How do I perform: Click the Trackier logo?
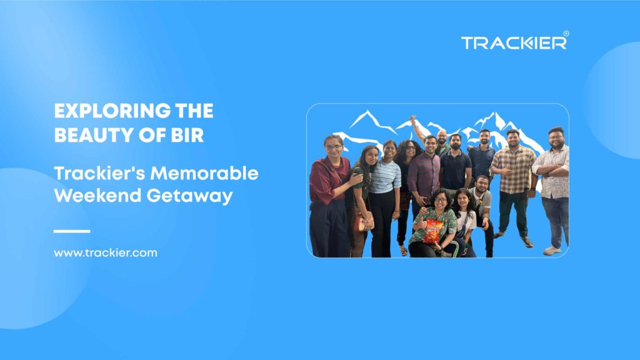514,42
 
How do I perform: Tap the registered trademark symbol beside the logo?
566,34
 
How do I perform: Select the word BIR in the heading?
189,135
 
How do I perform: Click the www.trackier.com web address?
105,253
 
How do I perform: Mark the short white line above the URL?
72,231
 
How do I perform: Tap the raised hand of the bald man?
414,119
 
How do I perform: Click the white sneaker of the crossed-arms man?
551,250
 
